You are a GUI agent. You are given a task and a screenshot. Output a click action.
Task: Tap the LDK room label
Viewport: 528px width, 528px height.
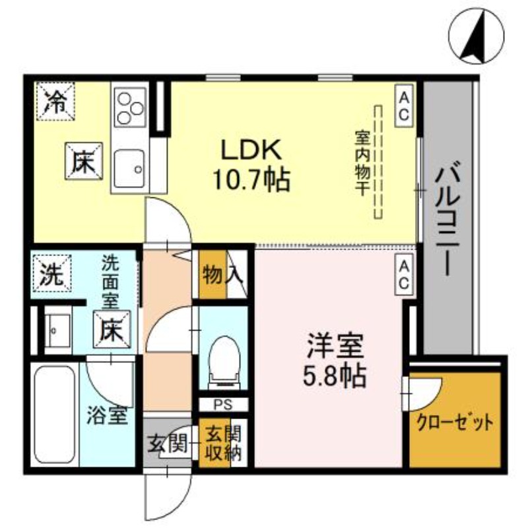tap(251, 150)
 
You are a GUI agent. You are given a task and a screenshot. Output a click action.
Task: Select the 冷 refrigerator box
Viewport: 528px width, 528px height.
tap(55, 101)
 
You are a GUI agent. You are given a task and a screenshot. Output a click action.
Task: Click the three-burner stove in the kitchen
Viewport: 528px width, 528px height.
tap(129, 108)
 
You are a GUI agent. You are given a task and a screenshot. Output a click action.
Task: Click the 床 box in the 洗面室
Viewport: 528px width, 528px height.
tap(110, 328)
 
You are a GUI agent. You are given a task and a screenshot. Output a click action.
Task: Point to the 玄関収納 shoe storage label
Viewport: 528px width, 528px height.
tap(218, 444)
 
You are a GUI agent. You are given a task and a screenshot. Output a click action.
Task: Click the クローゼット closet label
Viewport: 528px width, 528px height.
tap(454, 422)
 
